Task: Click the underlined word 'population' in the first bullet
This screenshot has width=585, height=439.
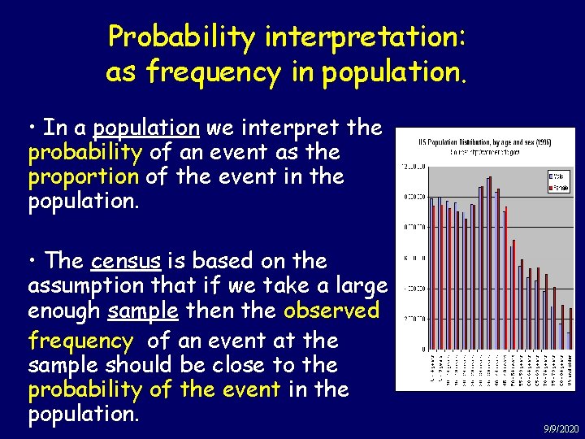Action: click(x=146, y=128)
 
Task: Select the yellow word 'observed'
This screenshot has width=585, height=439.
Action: click(x=331, y=311)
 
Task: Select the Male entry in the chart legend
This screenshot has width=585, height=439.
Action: click(x=558, y=176)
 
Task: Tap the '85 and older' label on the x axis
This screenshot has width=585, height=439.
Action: click(x=570, y=371)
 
